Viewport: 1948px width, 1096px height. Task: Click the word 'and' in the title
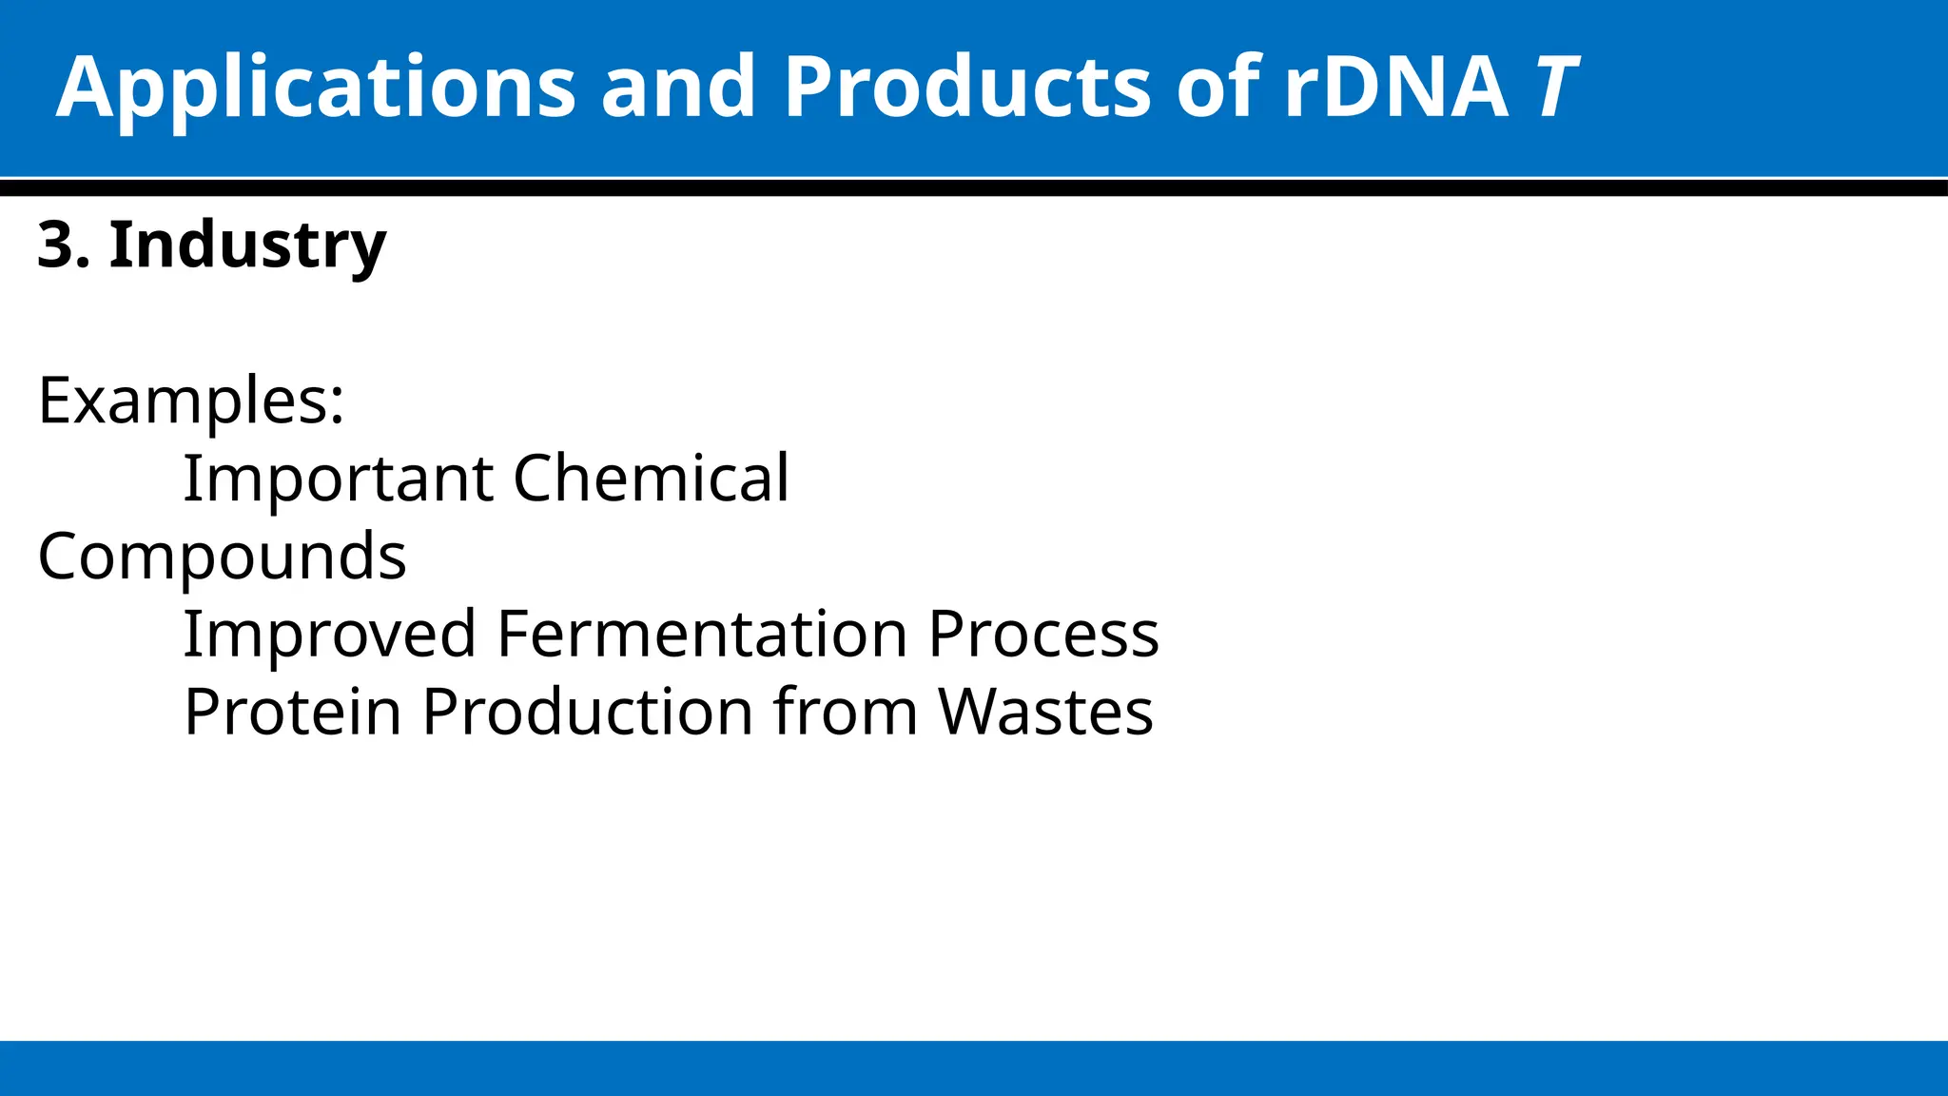678,88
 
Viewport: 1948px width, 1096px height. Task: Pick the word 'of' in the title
1218,88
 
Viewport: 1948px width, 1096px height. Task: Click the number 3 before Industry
55,245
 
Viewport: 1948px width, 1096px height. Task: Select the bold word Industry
247,245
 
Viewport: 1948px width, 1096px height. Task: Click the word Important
338,478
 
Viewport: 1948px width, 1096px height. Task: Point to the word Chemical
651,478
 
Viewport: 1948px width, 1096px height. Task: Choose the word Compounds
222,557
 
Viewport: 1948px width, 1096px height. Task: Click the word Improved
329,634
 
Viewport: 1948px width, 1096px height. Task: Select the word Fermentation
702,634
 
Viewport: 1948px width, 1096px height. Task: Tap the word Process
1043,634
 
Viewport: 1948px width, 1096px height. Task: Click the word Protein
293,712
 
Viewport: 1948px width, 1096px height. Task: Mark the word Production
589,712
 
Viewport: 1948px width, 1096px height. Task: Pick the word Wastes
1045,712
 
